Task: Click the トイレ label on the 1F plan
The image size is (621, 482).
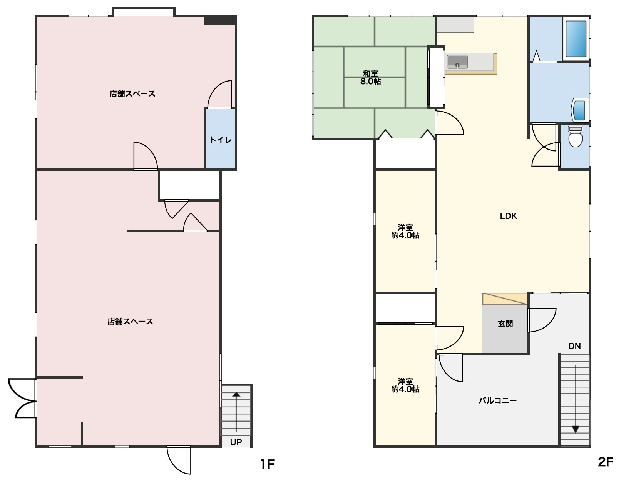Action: pyautogui.click(x=221, y=140)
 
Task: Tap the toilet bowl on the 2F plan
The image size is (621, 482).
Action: pyautogui.click(x=576, y=137)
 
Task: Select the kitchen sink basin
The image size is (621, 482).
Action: pyautogui.click(x=457, y=62)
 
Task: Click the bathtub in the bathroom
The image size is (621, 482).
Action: pyautogui.click(x=576, y=38)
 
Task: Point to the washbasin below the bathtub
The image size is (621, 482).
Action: pyautogui.click(x=580, y=110)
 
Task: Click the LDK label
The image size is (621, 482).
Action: pyautogui.click(x=509, y=216)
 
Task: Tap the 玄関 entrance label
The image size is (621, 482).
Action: pyautogui.click(x=505, y=324)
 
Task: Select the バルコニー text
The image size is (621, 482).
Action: pyautogui.click(x=497, y=400)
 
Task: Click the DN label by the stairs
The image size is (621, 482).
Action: pyautogui.click(x=574, y=346)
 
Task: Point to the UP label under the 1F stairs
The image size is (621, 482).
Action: pyautogui.click(x=236, y=442)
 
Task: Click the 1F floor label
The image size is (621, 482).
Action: pyautogui.click(x=267, y=464)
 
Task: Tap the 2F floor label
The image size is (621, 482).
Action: pyautogui.click(x=606, y=462)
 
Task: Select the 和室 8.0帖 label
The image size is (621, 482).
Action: pyautogui.click(x=370, y=78)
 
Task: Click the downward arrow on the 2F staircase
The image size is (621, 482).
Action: pyautogui.click(x=576, y=399)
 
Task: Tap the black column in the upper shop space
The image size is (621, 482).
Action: pyautogui.click(x=220, y=20)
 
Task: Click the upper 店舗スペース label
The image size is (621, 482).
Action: pyautogui.click(x=132, y=93)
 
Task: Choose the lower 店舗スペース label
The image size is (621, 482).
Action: pyautogui.click(x=130, y=322)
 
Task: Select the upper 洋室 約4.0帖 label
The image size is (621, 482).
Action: pyautogui.click(x=405, y=231)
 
